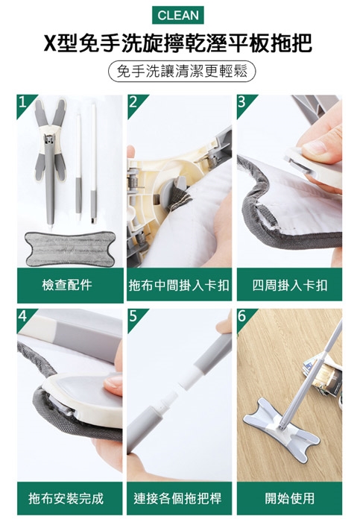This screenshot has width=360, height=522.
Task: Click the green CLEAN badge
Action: click(x=178, y=16)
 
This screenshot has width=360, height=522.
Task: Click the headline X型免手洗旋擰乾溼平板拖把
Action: click(x=178, y=43)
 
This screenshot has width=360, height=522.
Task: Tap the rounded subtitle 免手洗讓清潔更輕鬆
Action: click(x=182, y=72)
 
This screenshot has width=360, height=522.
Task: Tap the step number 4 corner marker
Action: click(x=24, y=317)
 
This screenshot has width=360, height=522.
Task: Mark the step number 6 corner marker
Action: click(x=244, y=317)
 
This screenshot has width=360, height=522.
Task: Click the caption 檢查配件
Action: click(x=67, y=285)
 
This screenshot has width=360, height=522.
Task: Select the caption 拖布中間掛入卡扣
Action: click(x=180, y=286)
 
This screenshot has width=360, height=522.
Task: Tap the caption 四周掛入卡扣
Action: click(x=289, y=286)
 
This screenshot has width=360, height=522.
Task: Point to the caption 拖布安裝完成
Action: click(x=66, y=498)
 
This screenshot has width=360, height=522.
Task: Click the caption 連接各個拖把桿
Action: click(x=177, y=498)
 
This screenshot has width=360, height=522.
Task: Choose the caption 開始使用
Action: click(x=290, y=498)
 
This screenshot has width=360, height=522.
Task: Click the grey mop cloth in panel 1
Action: click(x=70, y=249)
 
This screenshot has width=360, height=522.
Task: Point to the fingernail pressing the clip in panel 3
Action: click(x=315, y=147)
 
